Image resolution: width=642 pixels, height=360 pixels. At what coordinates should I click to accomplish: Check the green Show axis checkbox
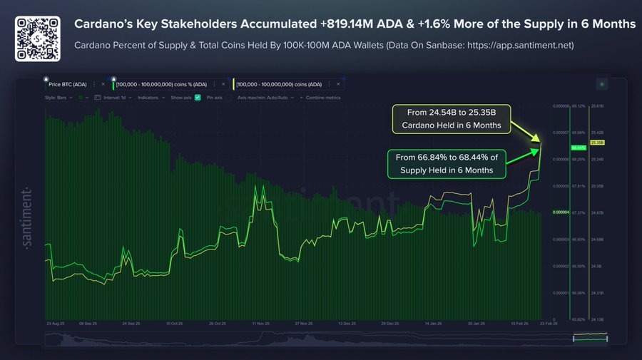[198, 97]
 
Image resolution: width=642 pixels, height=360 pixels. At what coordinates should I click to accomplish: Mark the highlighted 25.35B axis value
[597, 143]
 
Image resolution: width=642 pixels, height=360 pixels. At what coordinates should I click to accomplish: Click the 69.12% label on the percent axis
[579, 106]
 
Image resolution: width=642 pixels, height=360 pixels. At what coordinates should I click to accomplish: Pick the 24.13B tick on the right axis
[597, 319]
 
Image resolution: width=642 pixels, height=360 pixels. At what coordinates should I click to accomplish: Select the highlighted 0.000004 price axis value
[561, 212]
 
